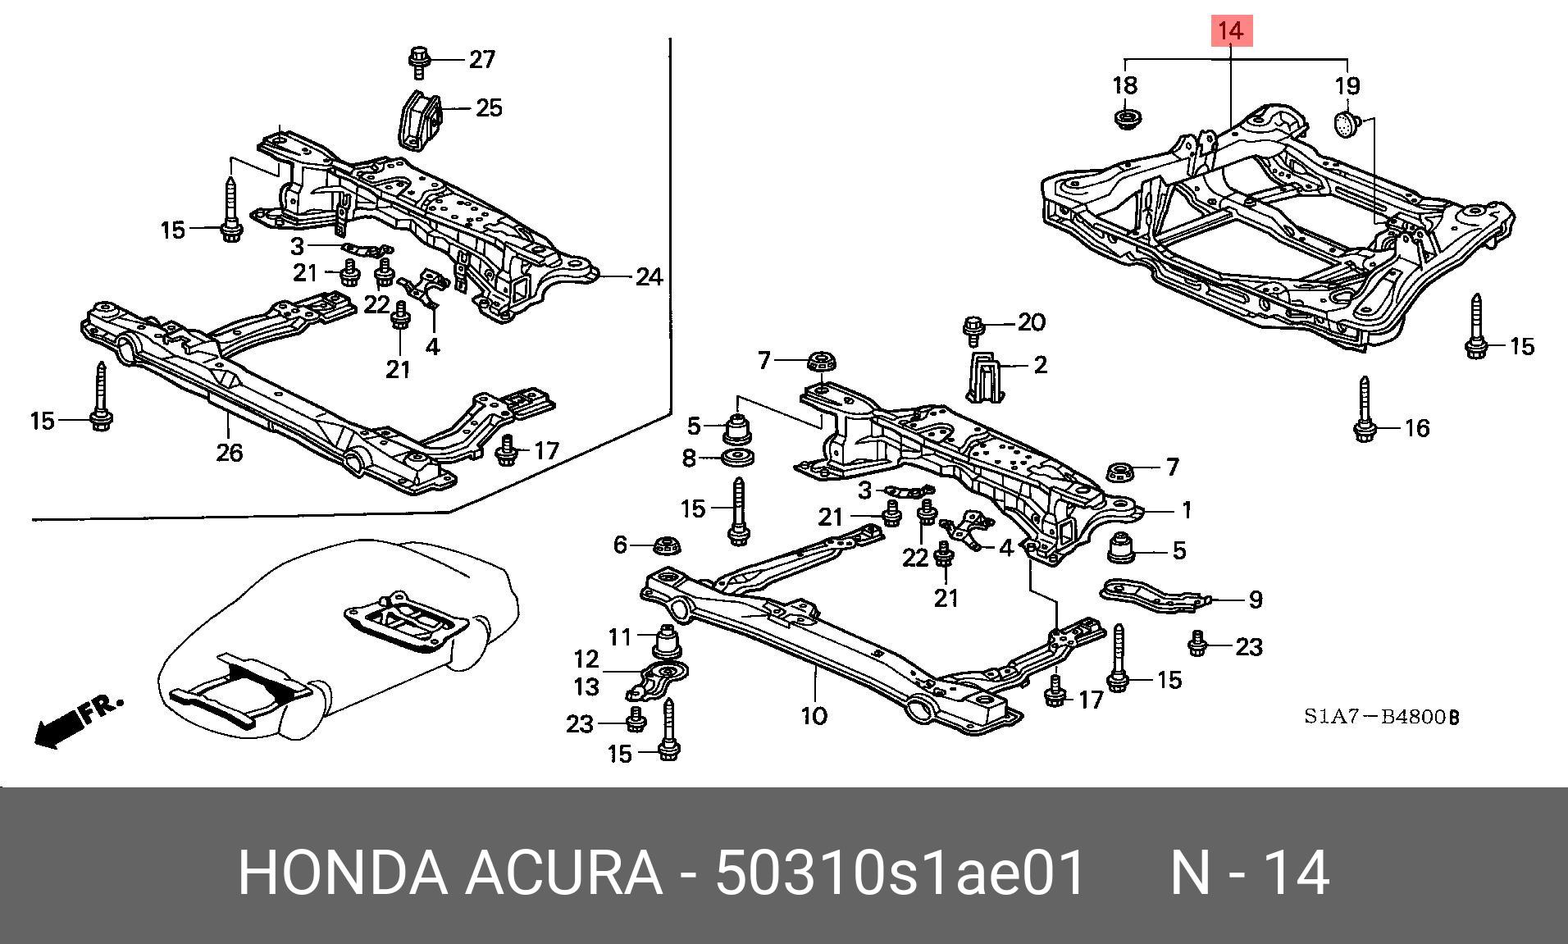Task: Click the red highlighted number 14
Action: click(1231, 32)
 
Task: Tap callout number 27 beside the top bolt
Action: click(481, 59)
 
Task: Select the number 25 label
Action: click(489, 107)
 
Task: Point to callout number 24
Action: click(649, 277)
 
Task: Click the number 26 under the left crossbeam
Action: click(229, 452)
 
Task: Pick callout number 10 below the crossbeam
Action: click(814, 716)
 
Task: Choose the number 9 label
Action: click(1255, 600)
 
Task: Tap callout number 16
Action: click(1416, 427)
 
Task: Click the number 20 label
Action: click(1031, 322)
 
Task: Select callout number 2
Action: click(1040, 364)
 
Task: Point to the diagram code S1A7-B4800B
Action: click(1382, 717)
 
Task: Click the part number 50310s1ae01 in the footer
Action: click(901, 873)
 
